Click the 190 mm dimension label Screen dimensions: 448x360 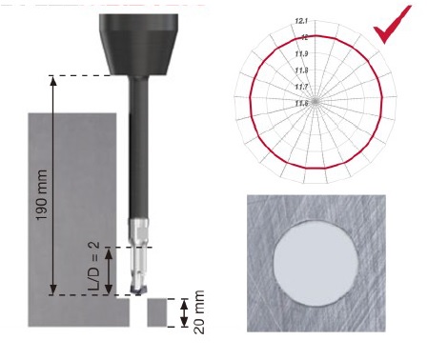click(42, 194)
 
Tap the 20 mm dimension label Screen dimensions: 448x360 click(199, 312)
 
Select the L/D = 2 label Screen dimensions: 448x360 click(93, 266)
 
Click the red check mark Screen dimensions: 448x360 click(393, 24)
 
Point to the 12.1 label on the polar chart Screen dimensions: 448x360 click(301, 21)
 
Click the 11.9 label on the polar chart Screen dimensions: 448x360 click(301, 53)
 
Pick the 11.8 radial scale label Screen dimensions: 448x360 click(301, 70)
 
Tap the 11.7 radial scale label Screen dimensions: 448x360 click(301, 87)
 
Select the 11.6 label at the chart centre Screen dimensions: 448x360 click(301, 103)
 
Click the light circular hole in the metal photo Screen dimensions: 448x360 click(316, 264)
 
